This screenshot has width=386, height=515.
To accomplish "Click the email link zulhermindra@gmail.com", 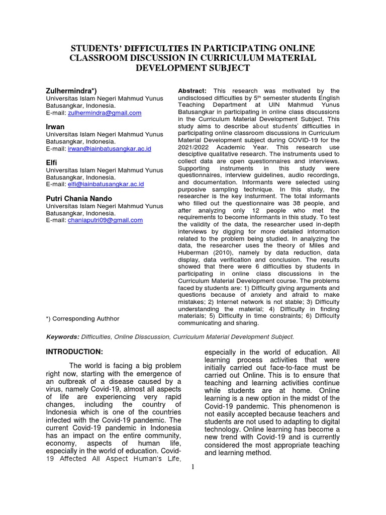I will coord(104,113).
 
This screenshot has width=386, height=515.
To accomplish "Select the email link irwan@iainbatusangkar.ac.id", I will coord(109,149).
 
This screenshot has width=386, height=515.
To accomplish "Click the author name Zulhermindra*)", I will coord(72,91).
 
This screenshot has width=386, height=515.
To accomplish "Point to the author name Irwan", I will coord(55,127).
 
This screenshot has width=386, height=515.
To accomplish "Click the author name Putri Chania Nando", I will coord(79,199).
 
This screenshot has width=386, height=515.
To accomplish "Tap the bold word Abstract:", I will coord(192,91).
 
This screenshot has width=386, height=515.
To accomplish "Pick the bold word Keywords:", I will coord(63,336).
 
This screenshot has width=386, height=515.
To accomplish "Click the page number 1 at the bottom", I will coord(193,467).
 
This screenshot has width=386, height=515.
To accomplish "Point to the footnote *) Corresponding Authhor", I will coord(82,319).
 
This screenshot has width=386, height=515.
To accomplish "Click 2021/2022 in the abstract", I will coord(194,147).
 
